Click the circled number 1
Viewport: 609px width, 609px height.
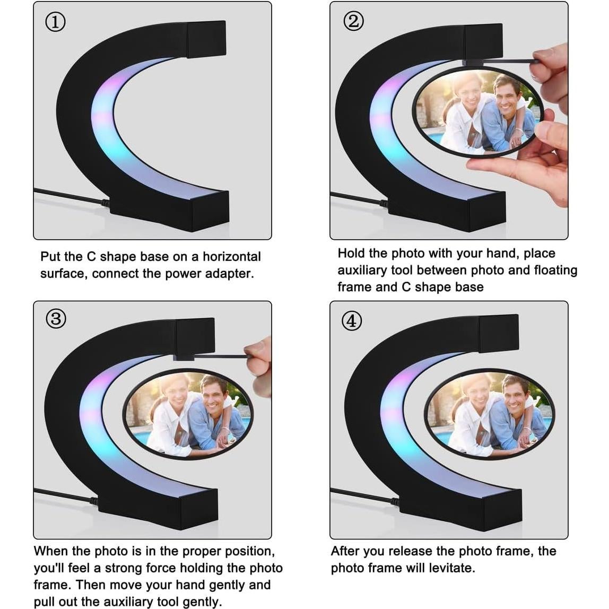pyautogui.click(x=55, y=22)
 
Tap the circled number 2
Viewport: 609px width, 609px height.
pyautogui.click(x=353, y=21)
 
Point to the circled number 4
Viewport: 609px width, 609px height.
pyautogui.click(x=352, y=321)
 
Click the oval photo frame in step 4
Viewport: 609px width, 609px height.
pyautogui.click(x=489, y=414)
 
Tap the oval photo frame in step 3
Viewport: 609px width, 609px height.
pyautogui.click(x=188, y=414)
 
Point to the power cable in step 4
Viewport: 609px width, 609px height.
pyautogui.click(x=364, y=497)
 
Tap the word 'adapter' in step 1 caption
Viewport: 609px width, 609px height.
pyautogui.click(x=229, y=274)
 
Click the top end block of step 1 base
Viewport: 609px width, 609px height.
pyautogui.click(x=207, y=39)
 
